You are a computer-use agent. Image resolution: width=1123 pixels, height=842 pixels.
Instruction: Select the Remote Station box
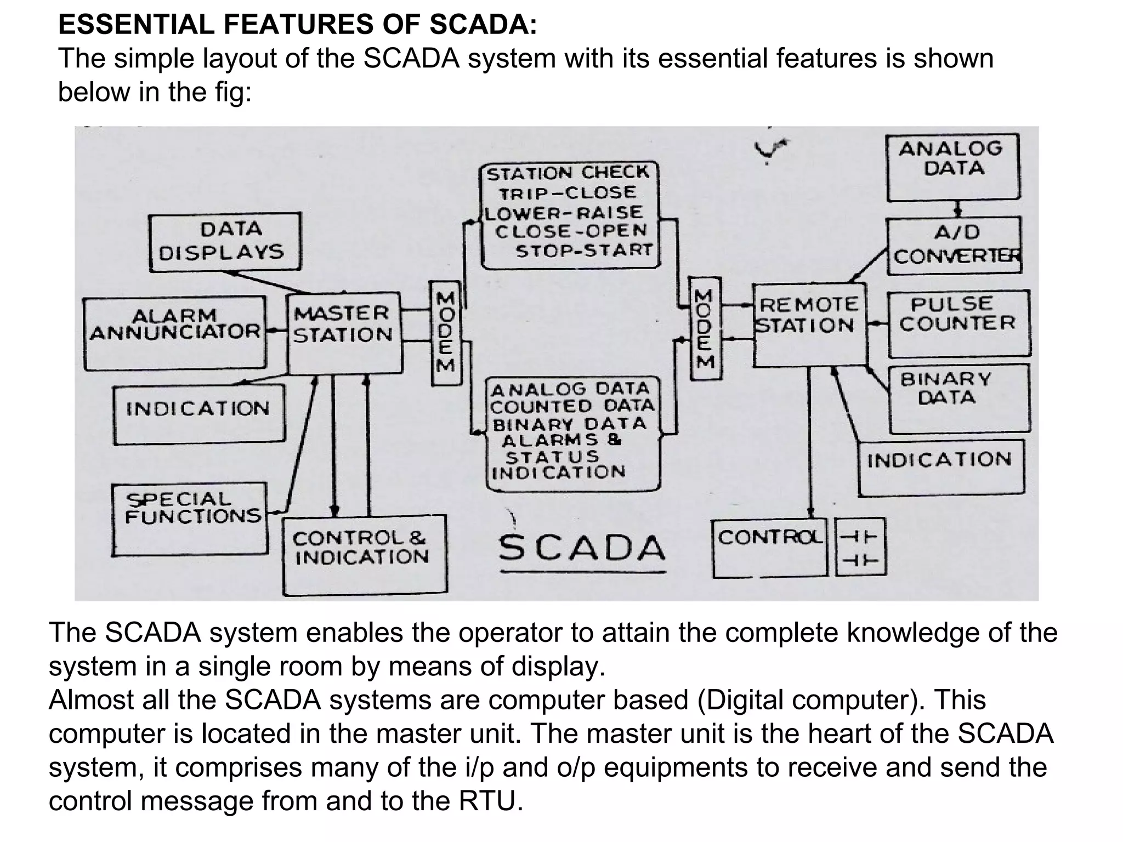[809, 325]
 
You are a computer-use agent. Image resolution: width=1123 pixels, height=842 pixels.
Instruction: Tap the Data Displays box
[225, 242]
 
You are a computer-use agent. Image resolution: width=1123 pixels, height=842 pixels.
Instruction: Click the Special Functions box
[190, 519]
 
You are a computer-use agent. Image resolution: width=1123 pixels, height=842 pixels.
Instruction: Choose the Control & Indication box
[365, 554]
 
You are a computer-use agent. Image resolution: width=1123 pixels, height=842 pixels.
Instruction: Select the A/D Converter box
[954, 246]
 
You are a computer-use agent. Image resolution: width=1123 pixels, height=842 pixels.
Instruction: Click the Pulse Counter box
[958, 323]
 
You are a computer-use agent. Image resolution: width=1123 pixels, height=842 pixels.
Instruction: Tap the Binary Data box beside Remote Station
[958, 398]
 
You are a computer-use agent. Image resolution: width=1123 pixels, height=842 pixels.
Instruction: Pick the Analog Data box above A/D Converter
[953, 167]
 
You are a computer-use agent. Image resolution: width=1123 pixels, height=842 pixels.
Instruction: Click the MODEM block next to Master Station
[445, 333]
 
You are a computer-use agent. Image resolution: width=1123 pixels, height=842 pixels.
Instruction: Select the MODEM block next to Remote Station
[705, 328]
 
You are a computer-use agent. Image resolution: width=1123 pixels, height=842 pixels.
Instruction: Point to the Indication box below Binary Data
[940, 467]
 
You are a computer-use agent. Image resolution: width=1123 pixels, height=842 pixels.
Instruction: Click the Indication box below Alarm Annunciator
[198, 414]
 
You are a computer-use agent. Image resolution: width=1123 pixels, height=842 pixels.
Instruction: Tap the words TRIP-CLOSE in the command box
[568, 193]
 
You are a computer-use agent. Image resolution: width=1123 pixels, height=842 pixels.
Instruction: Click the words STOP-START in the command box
[584, 251]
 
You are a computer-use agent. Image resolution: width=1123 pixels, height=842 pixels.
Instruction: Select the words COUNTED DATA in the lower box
[572, 406]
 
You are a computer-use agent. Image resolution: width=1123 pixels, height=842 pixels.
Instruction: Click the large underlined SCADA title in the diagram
[582, 548]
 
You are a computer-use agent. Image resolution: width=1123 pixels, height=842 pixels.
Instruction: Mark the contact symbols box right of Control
[860, 547]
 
